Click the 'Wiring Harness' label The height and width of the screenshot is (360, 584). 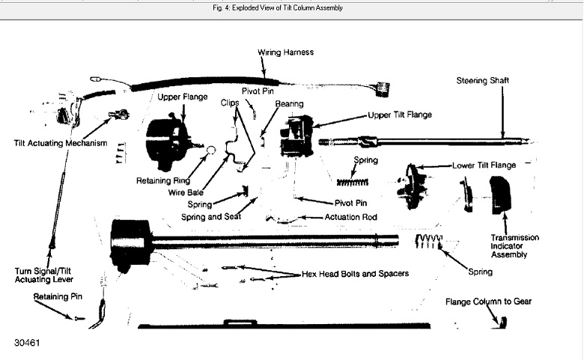pyautogui.click(x=285, y=52)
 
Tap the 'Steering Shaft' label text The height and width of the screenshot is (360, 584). pyautogui.click(x=486, y=79)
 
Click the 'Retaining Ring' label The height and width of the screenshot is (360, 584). pyautogui.click(x=163, y=180)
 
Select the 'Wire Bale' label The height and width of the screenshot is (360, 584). pyautogui.click(x=185, y=192)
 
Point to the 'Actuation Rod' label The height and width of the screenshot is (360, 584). pyautogui.click(x=350, y=217)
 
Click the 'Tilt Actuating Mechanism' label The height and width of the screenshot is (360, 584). pyautogui.click(x=61, y=142)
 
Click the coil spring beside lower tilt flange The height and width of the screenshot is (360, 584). pyautogui.click(x=351, y=181)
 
